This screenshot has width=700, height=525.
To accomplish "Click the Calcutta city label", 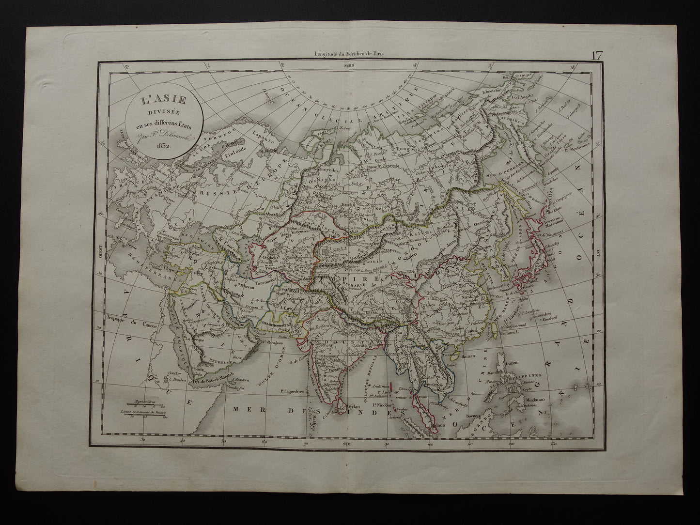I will pyautogui.click(x=359, y=345).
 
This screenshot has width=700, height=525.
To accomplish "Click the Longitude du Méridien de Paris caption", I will pyautogui.click(x=349, y=55).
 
